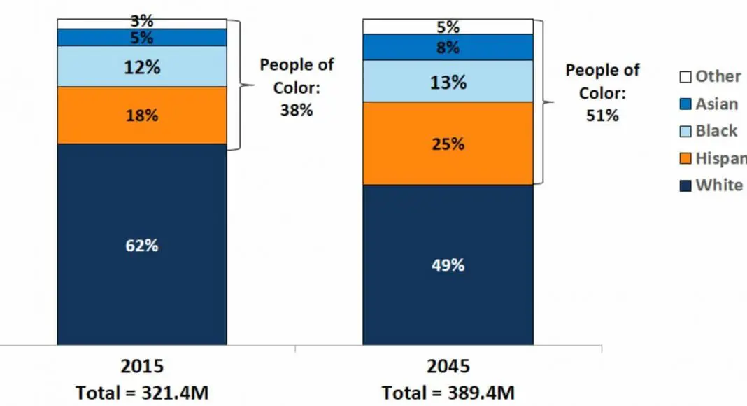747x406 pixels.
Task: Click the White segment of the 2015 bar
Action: point(142,245)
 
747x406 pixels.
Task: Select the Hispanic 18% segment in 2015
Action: point(142,115)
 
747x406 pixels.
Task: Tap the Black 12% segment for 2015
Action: point(142,67)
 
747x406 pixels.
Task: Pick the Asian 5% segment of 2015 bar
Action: point(142,38)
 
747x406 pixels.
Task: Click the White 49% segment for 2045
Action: point(448,265)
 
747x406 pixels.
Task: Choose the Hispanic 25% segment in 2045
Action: point(448,143)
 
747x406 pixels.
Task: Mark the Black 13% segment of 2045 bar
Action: point(448,81)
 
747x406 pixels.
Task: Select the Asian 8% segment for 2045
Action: point(448,48)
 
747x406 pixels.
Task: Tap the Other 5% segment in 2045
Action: point(448,27)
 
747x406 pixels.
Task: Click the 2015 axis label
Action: point(142,366)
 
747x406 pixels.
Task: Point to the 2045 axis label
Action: point(448,366)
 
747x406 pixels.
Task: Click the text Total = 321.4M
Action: point(142,393)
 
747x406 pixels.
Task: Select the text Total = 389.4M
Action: point(448,393)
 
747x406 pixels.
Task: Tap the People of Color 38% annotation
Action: point(297,87)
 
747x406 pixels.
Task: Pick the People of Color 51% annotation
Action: point(602,92)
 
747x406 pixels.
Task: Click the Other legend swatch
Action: point(685,77)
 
